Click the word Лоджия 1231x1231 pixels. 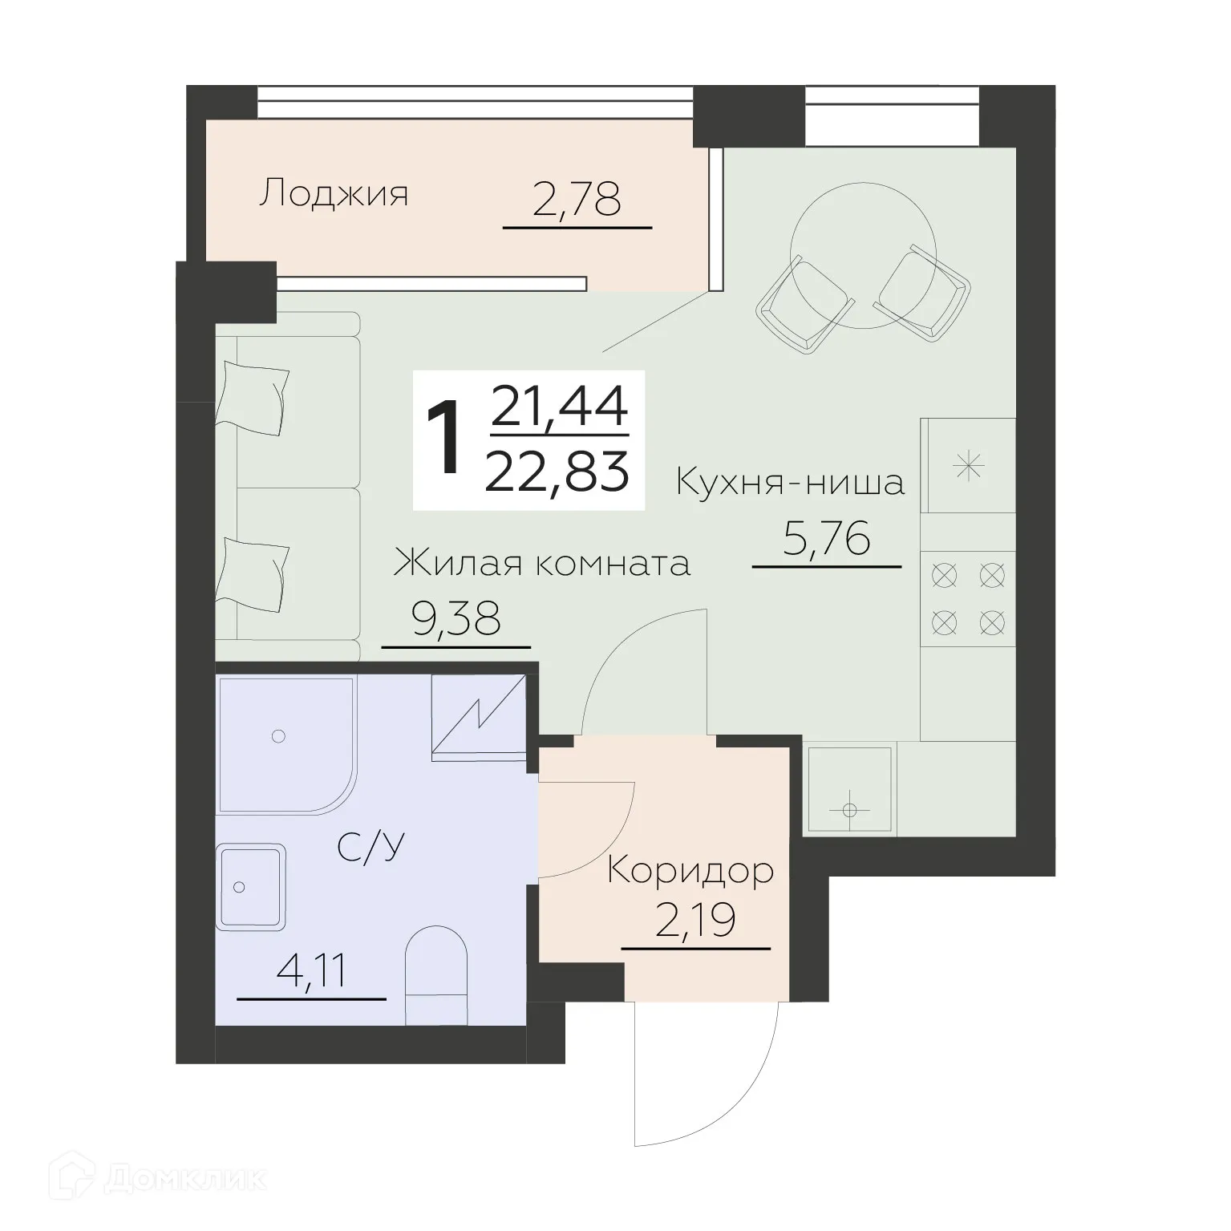pyautogui.click(x=333, y=195)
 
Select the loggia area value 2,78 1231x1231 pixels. pyautogui.click(x=577, y=200)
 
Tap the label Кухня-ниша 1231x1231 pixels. pyautogui.click(x=790, y=483)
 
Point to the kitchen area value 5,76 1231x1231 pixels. pyautogui.click(x=826, y=539)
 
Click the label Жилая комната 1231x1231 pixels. pyautogui.click(x=541, y=564)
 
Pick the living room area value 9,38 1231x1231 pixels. pyautogui.click(x=456, y=618)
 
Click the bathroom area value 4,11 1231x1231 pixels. pyautogui.click(x=311, y=971)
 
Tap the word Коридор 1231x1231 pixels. pyautogui.click(x=690, y=871)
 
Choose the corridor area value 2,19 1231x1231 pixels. pyautogui.click(x=695, y=921)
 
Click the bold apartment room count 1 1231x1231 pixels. pyautogui.click(x=444, y=439)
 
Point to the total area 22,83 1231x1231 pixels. pyautogui.click(x=557, y=472)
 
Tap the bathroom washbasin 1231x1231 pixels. pyautogui.click(x=250, y=886)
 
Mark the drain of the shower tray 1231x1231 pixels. pyautogui.click(x=278, y=735)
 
